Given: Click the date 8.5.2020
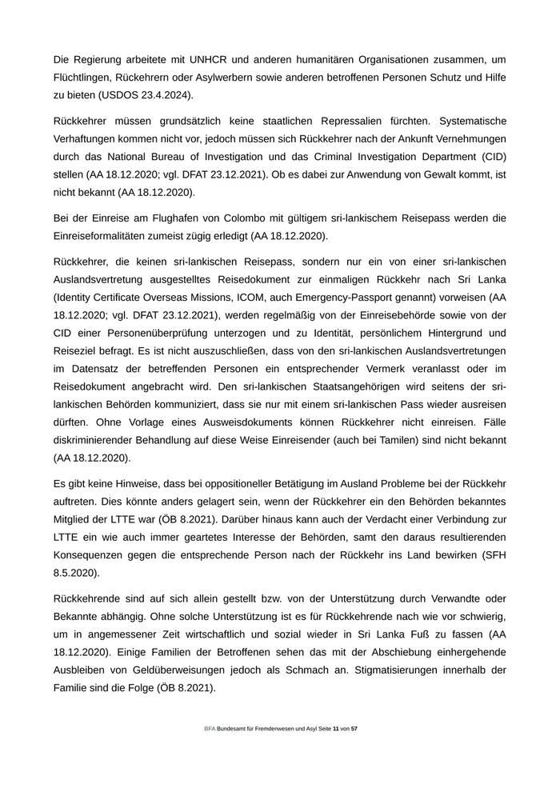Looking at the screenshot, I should click(x=76, y=573).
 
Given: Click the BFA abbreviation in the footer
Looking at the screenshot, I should click(x=210, y=730).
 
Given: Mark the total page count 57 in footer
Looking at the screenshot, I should click(x=354, y=730).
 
